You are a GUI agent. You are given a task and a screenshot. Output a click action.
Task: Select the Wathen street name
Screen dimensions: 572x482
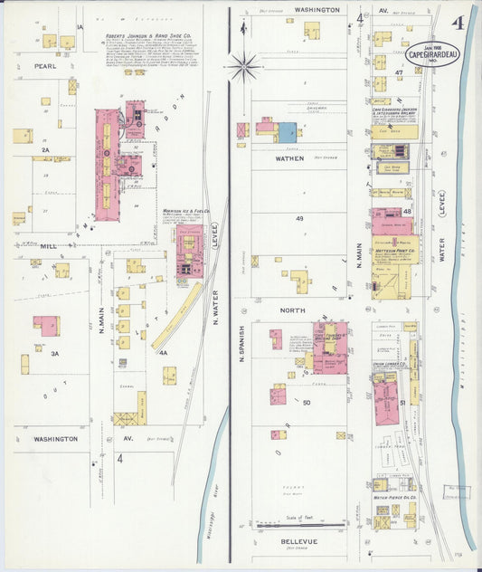(288, 157)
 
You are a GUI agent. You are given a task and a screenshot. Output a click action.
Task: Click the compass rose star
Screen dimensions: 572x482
(243, 65)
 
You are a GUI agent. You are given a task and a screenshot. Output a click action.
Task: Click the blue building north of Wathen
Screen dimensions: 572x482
(288, 132)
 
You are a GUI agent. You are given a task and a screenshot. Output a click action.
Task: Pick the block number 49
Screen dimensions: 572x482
(299, 219)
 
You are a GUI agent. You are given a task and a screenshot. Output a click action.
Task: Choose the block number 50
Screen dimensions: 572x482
(307, 402)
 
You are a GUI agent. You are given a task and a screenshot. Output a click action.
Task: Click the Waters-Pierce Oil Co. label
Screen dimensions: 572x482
(395, 497)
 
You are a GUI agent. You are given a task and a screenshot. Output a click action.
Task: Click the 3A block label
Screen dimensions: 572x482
(56, 354)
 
